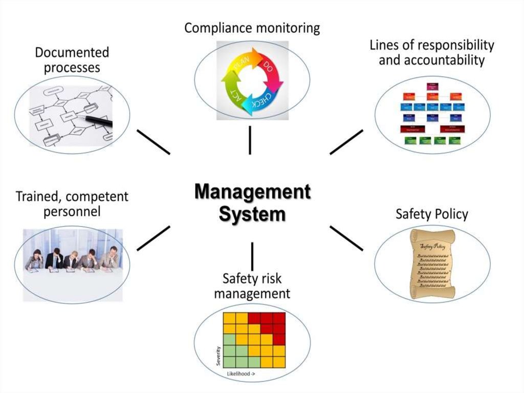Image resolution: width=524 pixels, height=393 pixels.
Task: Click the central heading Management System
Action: click(x=252, y=203)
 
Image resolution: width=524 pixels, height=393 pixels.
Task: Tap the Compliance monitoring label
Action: click(x=252, y=28)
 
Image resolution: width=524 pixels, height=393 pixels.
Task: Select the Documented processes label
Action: click(x=72, y=59)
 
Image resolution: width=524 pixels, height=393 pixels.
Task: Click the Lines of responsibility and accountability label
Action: click(x=432, y=52)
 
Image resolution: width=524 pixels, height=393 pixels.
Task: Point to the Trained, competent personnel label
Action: click(x=72, y=203)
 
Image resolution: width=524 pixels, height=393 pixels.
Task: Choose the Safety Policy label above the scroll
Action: click(x=432, y=214)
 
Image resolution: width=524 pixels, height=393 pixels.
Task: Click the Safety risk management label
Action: click(x=252, y=286)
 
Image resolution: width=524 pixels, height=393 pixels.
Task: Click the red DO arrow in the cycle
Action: click(x=272, y=71)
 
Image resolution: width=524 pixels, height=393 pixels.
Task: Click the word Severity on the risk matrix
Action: click(x=218, y=354)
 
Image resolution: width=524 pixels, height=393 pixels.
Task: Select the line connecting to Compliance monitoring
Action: click(x=250, y=140)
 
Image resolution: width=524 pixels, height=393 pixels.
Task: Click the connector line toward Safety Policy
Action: click(x=346, y=238)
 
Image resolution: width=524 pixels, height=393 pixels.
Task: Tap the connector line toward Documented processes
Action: click(x=153, y=141)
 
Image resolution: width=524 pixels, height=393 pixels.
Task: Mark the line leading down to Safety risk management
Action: click(x=252, y=256)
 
